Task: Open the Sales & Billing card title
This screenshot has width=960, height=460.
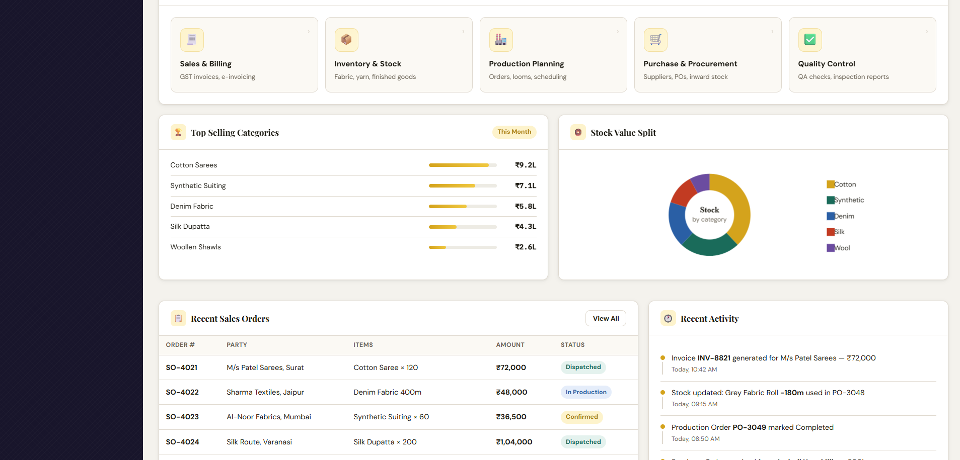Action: point(205,64)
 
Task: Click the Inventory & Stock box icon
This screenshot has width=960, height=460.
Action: point(346,40)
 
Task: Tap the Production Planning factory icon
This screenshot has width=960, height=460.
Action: point(501,40)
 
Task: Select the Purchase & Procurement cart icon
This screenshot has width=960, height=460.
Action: point(655,40)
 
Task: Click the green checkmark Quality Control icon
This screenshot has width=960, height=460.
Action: point(810,40)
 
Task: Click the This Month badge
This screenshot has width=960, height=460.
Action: point(514,132)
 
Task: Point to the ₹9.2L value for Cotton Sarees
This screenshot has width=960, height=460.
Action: point(526,165)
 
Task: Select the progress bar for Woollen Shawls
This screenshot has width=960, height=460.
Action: point(463,247)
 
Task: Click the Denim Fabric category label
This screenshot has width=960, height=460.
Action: point(192,206)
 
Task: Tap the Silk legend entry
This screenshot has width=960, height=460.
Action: point(836,232)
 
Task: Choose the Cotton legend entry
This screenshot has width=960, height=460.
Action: point(841,185)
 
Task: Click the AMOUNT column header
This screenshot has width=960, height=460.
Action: point(510,345)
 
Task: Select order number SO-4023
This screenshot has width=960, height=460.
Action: point(182,417)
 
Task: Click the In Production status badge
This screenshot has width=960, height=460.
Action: point(586,392)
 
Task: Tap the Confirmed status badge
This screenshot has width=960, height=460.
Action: point(582,417)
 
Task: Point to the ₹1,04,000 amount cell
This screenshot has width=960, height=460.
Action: point(514,442)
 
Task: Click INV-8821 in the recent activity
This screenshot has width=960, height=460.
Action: point(714,358)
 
